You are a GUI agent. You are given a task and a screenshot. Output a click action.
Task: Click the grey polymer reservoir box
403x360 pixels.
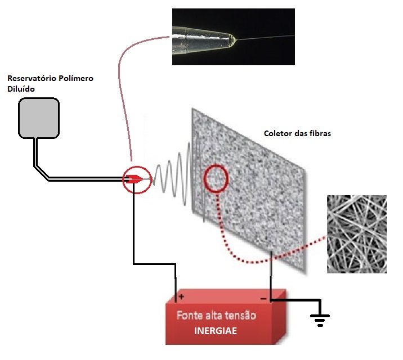[38, 118]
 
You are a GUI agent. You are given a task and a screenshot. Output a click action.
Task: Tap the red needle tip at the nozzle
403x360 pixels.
[136, 179]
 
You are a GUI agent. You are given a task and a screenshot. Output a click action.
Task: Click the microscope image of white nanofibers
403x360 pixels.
[357, 234]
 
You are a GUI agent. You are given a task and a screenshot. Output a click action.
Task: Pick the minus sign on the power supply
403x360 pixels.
[262, 298]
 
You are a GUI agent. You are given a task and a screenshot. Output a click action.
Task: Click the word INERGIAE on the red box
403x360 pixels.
[216, 331]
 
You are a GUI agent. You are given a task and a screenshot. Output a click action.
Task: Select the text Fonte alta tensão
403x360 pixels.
[216, 315]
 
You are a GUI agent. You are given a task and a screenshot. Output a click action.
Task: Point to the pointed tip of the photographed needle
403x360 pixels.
[237, 39]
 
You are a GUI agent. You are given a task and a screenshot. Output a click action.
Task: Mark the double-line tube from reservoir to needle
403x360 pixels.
[84, 179]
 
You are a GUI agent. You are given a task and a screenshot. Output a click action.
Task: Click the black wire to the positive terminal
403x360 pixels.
[134, 236]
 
